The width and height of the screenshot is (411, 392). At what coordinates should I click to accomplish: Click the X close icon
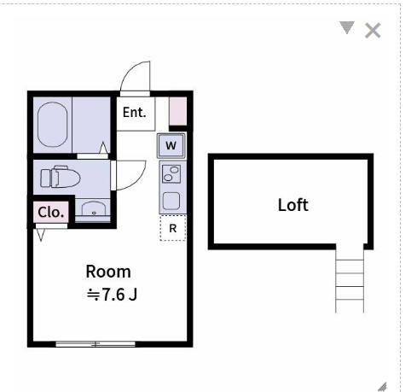[373, 31]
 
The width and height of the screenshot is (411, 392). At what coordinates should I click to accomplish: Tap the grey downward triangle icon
[346, 28]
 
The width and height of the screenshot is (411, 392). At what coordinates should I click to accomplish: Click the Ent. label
[134, 112]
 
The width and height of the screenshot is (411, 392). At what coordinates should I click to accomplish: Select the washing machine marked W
[171, 146]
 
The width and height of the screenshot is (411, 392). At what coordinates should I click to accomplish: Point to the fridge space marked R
[172, 228]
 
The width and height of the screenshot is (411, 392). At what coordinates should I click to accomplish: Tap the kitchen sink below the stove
[171, 202]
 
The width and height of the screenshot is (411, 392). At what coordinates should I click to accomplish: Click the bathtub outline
[53, 124]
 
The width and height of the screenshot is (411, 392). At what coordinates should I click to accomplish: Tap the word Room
[108, 272]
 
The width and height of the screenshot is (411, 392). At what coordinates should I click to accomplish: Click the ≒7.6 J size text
[113, 295]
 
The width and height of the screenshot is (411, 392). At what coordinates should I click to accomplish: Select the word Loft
[292, 205]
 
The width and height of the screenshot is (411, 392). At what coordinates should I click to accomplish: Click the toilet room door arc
[125, 175]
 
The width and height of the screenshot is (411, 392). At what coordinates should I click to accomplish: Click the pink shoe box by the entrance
[177, 112]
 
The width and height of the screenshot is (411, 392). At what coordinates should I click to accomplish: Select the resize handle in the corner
[381, 384]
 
